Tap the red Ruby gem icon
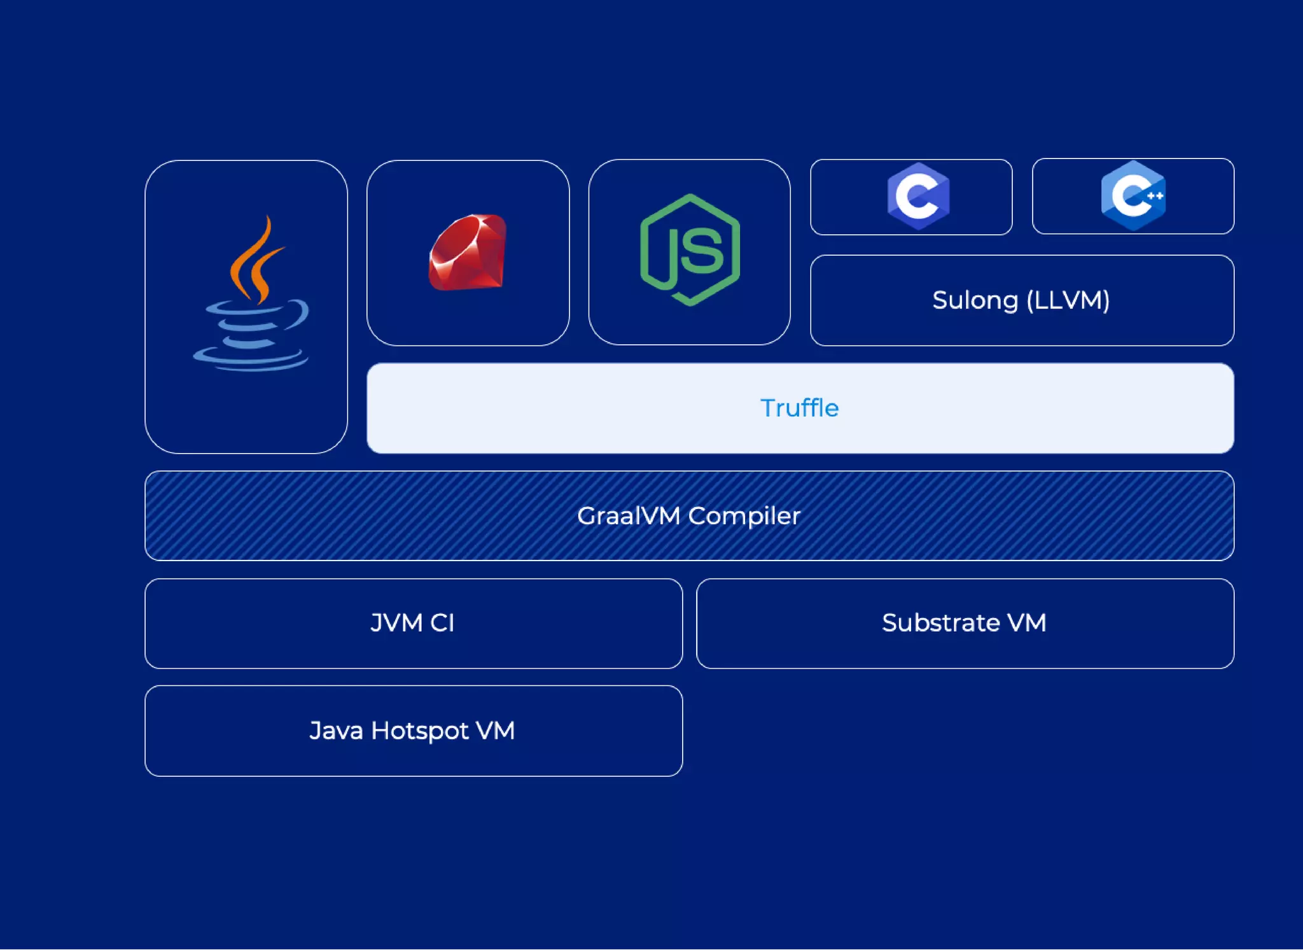[468, 253]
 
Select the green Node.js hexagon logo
[690, 250]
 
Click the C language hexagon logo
[918, 195]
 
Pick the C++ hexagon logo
[1133, 195]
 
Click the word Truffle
[799, 408]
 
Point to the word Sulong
[975, 300]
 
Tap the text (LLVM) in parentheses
[1068, 300]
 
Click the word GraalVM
[628, 516]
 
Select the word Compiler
[744, 516]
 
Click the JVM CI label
[412, 623]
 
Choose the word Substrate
[940, 623]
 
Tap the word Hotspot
[419, 731]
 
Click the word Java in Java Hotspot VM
[335, 731]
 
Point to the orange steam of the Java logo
[254, 261]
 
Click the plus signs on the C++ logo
[1155, 195]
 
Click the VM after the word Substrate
[1026, 623]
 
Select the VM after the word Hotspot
[495, 731]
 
